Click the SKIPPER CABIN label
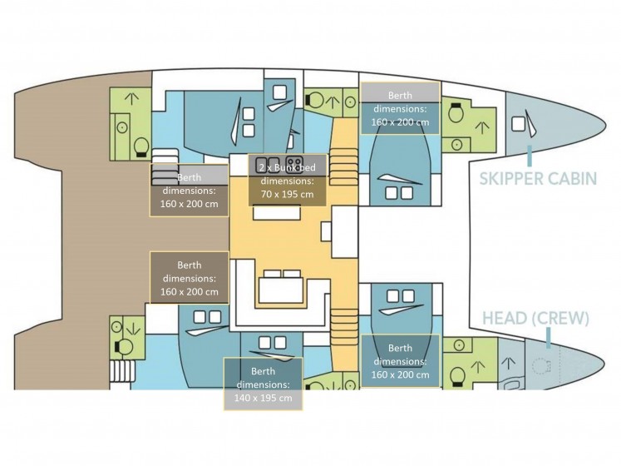(538, 178)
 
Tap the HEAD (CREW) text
(535, 318)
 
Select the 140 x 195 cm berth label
(263, 398)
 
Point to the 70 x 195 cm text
(287, 195)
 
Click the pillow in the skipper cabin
(518, 124)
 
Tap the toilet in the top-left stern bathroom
(141, 147)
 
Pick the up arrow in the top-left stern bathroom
(131, 99)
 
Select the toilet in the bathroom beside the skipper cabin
(456, 112)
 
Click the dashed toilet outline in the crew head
(541, 365)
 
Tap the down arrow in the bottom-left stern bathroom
(132, 329)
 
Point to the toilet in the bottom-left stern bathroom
(124, 347)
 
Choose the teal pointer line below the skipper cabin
(529, 156)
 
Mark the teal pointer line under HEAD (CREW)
(548, 338)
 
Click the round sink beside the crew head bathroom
(459, 345)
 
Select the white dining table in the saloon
(281, 290)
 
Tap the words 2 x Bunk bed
(287, 168)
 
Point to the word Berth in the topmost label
(400, 95)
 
